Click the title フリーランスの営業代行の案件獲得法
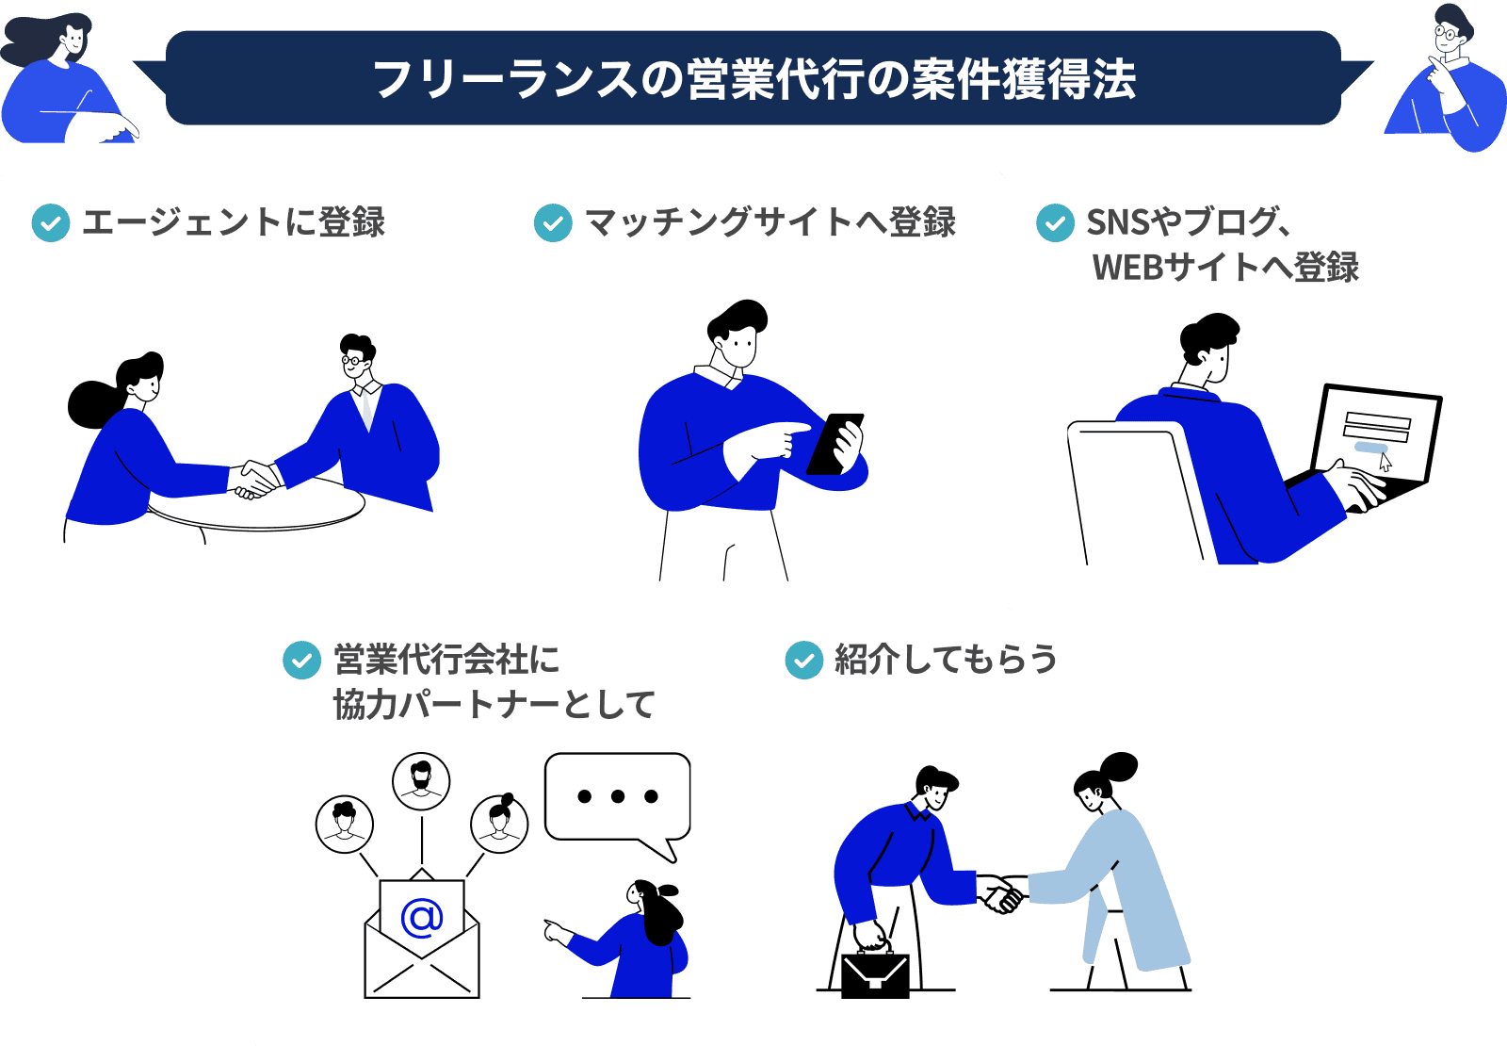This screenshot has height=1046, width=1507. (x=753, y=79)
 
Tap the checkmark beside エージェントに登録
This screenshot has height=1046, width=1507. (x=51, y=223)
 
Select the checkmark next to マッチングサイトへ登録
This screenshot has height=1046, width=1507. (x=553, y=223)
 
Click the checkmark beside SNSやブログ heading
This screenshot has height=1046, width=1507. (x=1055, y=223)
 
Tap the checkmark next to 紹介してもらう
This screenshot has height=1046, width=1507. (x=803, y=660)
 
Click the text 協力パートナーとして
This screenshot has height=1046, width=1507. (x=494, y=705)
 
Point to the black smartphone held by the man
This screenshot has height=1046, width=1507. (x=835, y=443)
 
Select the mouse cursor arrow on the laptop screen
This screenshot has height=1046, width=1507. (x=1385, y=462)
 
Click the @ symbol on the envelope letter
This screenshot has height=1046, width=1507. (x=421, y=916)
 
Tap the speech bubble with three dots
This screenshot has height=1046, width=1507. (x=617, y=796)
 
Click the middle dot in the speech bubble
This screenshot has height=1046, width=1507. (x=617, y=796)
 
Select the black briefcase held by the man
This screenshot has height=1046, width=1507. (x=875, y=974)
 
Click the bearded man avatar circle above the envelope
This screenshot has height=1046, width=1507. (x=421, y=781)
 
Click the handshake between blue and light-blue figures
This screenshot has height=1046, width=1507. (x=1000, y=893)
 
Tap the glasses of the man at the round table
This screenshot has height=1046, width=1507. (x=353, y=359)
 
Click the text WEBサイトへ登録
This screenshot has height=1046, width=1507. (x=1224, y=268)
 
